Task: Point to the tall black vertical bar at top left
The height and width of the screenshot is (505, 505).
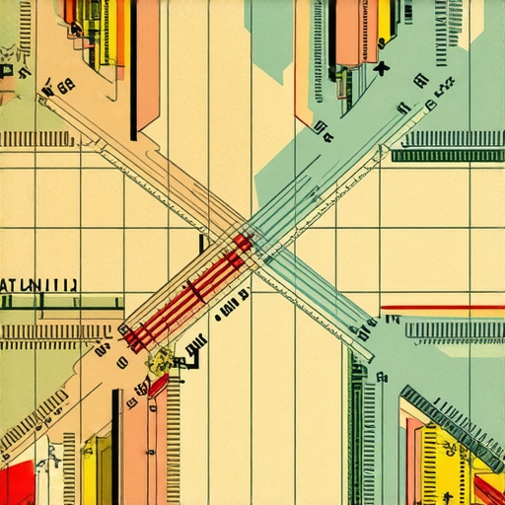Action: pos(133,69)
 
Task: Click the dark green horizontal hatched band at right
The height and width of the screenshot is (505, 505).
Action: pos(448,155)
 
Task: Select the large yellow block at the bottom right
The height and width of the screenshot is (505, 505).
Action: pos(444,464)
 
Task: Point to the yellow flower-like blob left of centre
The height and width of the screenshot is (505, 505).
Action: pos(157,363)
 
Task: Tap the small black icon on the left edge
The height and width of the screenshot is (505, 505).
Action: pos(8,71)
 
